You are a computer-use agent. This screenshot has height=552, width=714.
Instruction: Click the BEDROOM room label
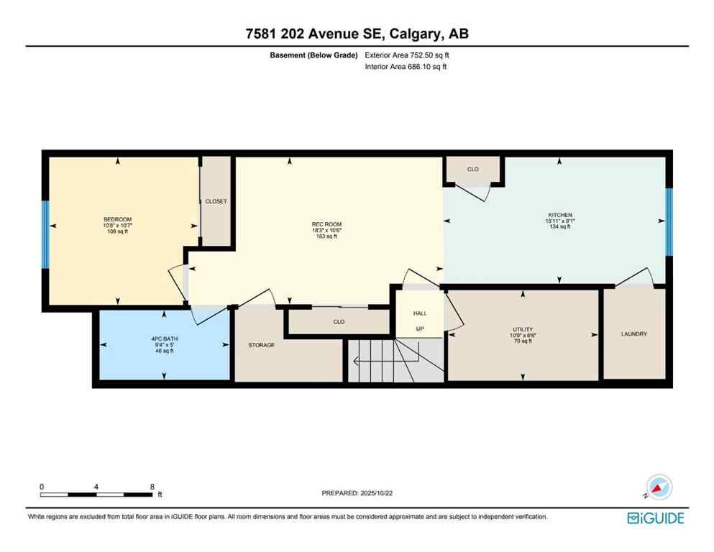[x=117, y=219]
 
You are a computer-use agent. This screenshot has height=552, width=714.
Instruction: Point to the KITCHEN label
[x=559, y=215]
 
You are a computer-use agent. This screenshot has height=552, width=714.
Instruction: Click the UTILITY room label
[x=522, y=329]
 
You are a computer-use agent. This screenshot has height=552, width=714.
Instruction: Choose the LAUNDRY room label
[x=634, y=334]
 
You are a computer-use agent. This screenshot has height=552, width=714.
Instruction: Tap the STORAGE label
[x=262, y=346]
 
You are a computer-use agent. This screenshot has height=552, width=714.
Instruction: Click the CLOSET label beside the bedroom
[x=216, y=202]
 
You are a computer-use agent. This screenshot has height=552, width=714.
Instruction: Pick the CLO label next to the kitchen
[x=472, y=170]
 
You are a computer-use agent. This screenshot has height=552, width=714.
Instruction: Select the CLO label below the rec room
[x=339, y=323]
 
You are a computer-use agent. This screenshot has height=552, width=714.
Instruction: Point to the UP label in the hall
[x=420, y=329]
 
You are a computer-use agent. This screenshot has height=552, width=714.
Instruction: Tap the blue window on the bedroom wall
[x=45, y=233]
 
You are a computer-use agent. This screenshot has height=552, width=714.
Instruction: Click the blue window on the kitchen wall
[x=669, y=222]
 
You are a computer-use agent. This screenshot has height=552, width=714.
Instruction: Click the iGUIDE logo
[x=655, y=517]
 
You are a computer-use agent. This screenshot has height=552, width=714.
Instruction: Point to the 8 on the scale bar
[x=152, y=487]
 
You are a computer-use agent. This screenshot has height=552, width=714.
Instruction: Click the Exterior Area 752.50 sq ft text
[x=409, y=55]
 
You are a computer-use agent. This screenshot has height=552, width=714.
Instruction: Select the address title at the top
[x=357, y=33]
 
